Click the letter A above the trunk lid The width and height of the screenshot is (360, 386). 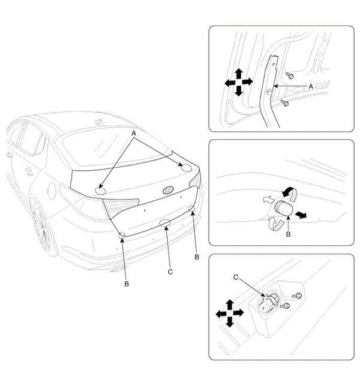[134, 133]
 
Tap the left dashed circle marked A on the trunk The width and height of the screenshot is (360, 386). [101, 191]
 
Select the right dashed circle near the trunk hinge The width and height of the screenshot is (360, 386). [186, 168]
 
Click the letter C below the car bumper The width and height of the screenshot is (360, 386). [170, 272]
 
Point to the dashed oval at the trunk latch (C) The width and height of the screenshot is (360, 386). [165, 222]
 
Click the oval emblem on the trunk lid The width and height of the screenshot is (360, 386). [168, 190]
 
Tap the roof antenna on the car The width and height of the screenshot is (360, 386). [99, 122]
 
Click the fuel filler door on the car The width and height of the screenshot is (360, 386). [52, 191]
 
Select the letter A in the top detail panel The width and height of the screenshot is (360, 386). [311, 86]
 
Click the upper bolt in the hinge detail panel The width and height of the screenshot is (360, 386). [289, 76]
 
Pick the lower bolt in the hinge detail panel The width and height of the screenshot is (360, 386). [284, 102]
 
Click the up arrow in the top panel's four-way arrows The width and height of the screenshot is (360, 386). [239, 73]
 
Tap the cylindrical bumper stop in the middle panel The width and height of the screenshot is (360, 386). [284, 208]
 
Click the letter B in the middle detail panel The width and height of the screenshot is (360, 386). [288, 234]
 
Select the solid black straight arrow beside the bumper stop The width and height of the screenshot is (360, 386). [301, 214]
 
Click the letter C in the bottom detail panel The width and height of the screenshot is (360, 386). [236, 278]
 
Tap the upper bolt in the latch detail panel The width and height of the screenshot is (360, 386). [297, 295]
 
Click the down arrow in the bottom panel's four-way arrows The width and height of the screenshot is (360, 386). [230, 322]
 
